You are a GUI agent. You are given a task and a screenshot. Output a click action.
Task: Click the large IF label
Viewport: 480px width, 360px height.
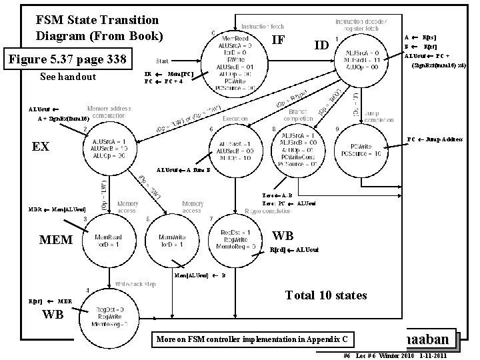coord(279,41)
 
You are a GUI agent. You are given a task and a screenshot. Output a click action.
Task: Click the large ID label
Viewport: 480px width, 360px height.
coord(321,45)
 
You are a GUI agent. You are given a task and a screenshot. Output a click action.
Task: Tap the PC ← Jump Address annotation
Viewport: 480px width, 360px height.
coord(435,139)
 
